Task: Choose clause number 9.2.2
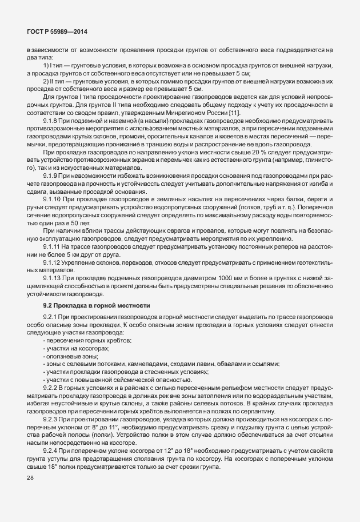[52, 388]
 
